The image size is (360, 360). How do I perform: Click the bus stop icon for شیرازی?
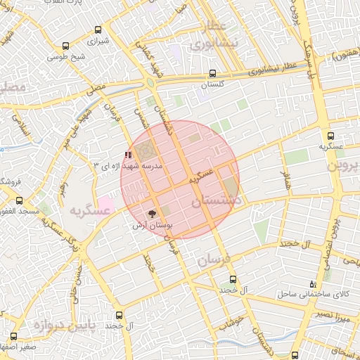98,30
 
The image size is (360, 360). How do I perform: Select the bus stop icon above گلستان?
212,73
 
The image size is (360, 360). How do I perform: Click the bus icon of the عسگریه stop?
330,136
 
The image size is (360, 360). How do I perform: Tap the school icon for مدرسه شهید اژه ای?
127,155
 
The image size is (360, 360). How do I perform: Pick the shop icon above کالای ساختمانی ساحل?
313,283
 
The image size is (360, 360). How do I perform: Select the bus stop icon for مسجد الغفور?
19,200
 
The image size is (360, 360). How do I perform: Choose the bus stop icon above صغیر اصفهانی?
14,336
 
